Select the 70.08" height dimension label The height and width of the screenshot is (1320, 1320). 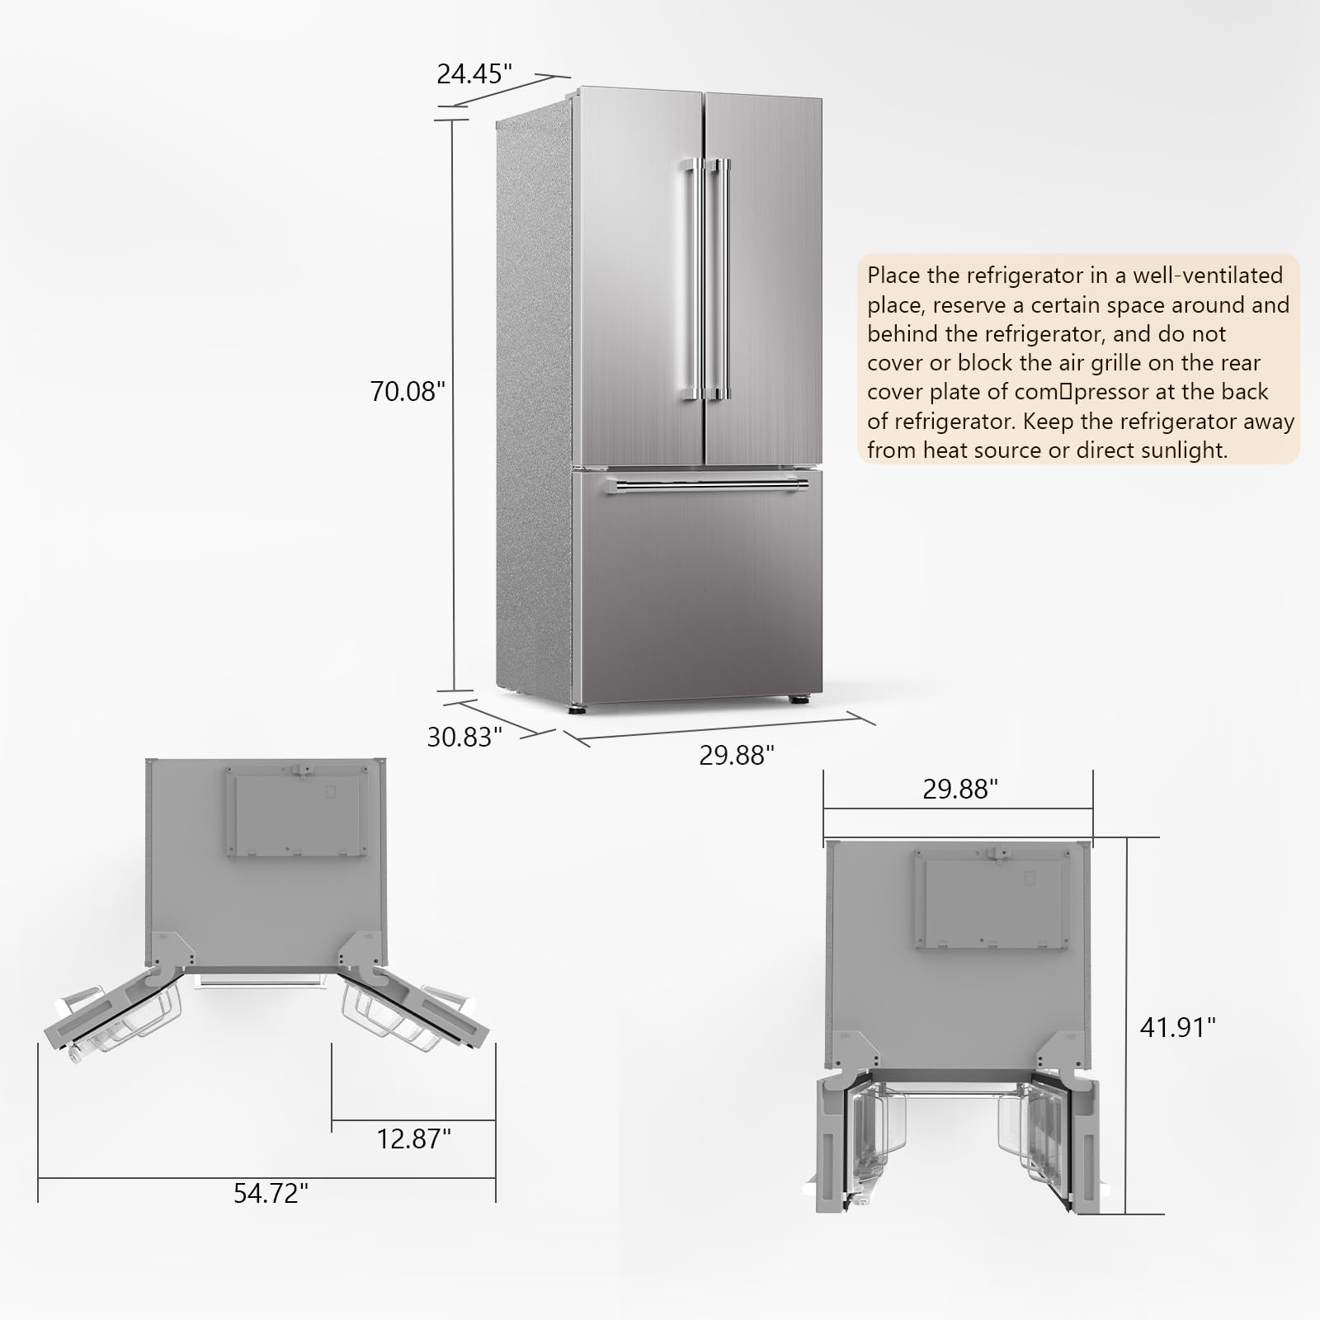tap(407, 391)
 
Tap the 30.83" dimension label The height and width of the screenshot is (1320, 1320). tap(464, 737)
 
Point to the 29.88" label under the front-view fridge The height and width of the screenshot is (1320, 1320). tap(737, 755)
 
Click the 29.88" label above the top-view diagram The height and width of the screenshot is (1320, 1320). tap(960, 790)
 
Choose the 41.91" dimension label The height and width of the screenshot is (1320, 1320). tap(1178, 1027)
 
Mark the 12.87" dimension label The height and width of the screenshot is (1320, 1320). tap(414, 1139)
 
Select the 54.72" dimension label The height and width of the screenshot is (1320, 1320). tap(271, 1192)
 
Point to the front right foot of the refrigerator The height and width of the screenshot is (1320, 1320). tap(798, 700)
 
